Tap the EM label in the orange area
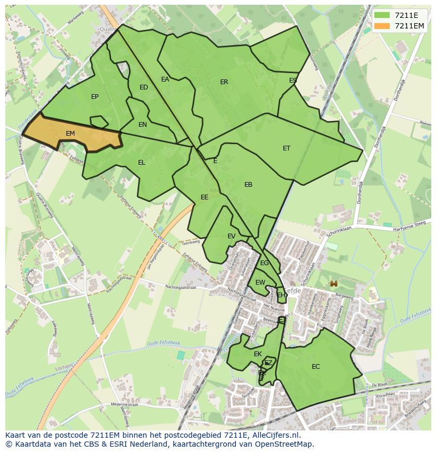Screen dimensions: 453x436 point(71,134)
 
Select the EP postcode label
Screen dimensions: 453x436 point(95,97)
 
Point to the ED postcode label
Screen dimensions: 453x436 point(144,87)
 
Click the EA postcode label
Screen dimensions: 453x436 point(165,79)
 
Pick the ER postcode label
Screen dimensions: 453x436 point(224,82)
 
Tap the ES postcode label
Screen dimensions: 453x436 point(293,80)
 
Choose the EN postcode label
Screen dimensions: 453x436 point(143,125)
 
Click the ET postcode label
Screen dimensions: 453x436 point(286,148)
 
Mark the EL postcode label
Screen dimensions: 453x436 point(142,163)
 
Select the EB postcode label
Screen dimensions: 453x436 point(249,185)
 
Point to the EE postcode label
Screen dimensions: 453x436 point(204,197)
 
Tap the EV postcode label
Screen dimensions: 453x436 point(232,236)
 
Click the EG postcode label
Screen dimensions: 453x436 point(264,263)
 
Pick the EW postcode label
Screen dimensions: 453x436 point(260,283)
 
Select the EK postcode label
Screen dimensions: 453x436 point(258,354)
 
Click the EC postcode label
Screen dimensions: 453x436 point(316,367)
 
